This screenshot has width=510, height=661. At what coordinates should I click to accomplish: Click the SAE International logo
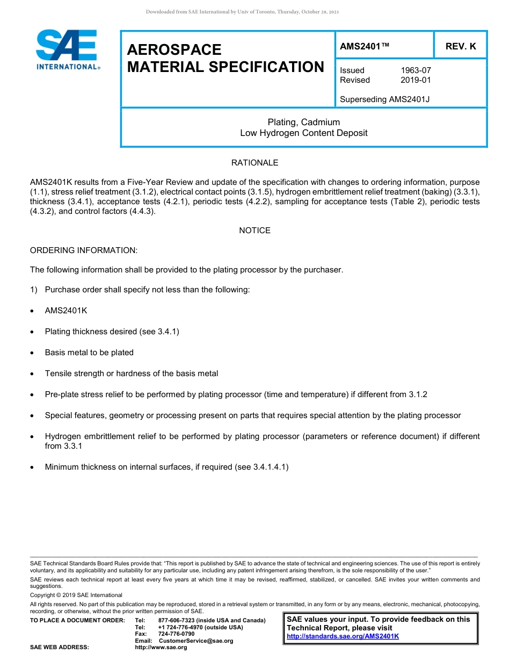67,50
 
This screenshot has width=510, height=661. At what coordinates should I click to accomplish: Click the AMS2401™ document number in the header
365,46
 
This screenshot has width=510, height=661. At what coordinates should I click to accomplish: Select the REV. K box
461,46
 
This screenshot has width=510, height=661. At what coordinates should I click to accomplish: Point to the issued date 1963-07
416,70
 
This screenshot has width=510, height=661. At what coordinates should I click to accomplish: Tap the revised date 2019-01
416,80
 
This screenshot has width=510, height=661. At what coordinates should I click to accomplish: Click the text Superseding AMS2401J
385,99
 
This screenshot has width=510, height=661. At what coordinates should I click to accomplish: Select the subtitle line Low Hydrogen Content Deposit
304,133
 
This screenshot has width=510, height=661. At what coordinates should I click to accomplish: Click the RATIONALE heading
254,163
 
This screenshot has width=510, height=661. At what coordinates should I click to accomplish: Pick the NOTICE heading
254,231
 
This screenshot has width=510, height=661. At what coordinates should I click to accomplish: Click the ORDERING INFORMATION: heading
84,250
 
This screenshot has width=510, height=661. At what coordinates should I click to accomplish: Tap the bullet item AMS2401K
66,311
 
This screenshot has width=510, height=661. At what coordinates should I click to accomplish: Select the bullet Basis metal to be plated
89,353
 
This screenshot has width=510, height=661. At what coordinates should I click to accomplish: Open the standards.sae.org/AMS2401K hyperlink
343,636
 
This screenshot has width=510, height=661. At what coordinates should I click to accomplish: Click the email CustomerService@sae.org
196,641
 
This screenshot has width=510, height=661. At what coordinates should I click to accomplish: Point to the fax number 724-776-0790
177,634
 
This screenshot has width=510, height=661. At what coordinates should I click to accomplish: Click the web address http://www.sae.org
161,648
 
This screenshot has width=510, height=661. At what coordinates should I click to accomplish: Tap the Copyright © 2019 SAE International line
76,595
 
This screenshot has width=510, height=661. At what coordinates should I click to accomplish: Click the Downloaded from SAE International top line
242,12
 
